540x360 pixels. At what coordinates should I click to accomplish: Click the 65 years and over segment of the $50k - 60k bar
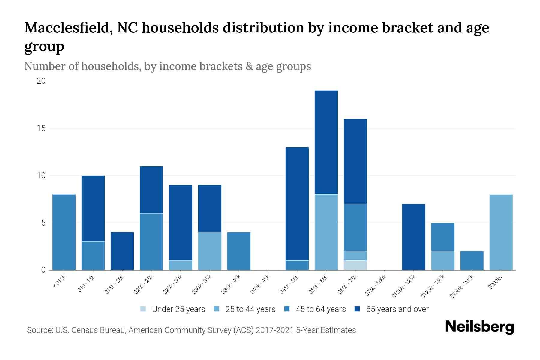(x=326, y=142)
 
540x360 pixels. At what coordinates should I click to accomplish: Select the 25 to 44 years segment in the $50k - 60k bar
(x=326, y=232)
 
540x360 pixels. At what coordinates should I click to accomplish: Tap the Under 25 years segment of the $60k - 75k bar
(x=355, y=265)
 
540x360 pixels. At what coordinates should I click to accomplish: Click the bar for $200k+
(x=501, y=232)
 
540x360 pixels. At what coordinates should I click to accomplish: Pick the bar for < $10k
(x=64, y=232)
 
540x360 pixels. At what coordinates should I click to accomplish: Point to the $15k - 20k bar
(x=122, y=251)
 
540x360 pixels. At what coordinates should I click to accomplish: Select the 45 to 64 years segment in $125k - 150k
(x=442, y=237)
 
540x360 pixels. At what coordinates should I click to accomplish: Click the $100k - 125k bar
(x=413, y=237)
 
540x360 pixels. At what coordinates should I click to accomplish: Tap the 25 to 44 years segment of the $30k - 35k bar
(x=210, y=251)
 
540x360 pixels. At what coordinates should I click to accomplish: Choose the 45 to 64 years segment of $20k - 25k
(x=151, y=241)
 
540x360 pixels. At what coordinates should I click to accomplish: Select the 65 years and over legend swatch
(x=357, y=309)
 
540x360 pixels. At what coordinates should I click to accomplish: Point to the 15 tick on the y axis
(x=41, y=128)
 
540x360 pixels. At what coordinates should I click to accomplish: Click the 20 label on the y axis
(x=41, y=81)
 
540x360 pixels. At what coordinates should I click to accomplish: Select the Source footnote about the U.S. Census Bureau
(x=191, y=330)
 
